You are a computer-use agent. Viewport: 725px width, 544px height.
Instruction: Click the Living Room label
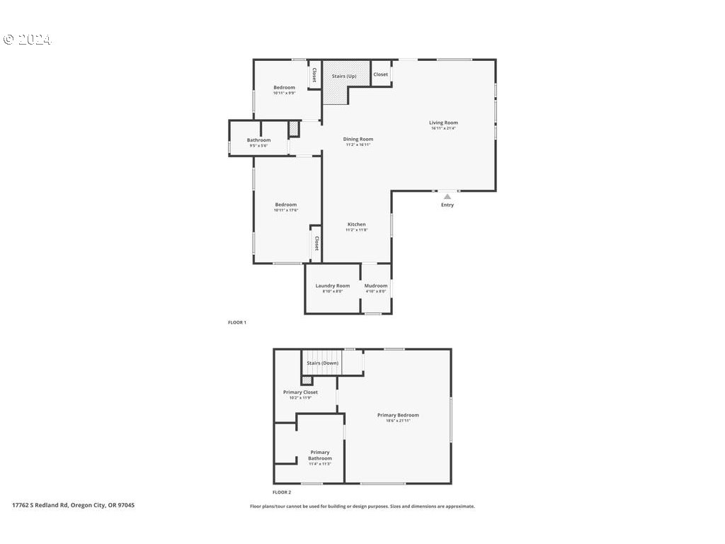(x=443, y=123)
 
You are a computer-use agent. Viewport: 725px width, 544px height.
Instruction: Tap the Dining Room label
(x=358, y=139)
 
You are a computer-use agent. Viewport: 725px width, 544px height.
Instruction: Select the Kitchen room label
(x=356, y=224)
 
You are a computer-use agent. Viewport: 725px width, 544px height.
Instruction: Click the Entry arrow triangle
(x=447, y=197)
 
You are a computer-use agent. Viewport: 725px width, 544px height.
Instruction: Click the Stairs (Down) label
(x=322, y=363)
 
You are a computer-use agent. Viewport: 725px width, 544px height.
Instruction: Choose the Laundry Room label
(x=332, y=285)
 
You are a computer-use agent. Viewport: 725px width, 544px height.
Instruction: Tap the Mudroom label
(x=376, y=285)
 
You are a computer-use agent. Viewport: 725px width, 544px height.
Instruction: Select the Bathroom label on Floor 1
(x=258, y=140)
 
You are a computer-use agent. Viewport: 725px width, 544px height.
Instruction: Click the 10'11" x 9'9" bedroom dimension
(x=285, y=93)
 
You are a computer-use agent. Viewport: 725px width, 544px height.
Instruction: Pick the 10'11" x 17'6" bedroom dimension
(x=286, y=210)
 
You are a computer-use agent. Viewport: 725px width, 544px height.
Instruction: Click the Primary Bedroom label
(x=398, y=415)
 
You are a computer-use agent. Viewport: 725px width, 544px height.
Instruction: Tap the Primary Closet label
(x=300, y=392)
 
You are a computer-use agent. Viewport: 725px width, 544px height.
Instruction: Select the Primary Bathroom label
(x=319, y=455)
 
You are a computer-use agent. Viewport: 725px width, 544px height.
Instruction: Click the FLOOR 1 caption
(x=236, y=322)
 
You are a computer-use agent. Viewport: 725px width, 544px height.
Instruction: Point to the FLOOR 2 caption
(x=282, y=492)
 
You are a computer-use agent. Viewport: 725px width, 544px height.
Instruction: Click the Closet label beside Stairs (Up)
(x=381, y=74)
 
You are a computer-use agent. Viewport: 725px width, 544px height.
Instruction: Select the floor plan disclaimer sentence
(x=362, y=506)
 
